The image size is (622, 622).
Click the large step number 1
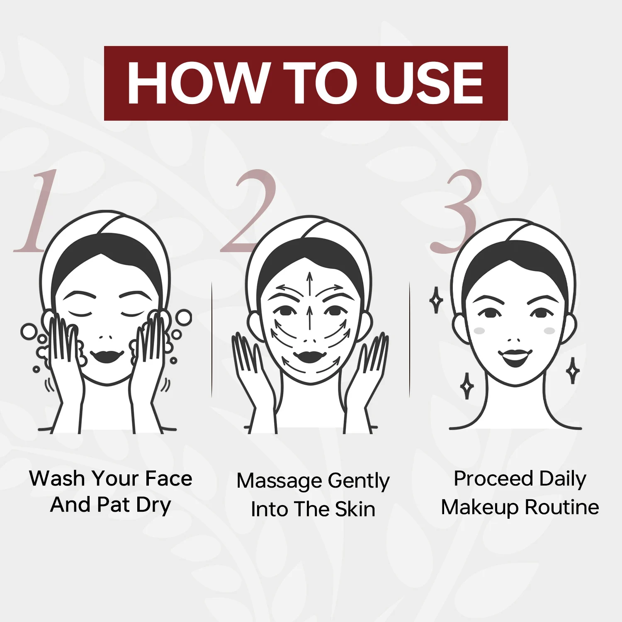pos(35,211)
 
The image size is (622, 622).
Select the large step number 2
pos(248,211)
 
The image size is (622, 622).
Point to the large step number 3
pos(456,211)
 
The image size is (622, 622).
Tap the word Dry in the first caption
pos(153,506)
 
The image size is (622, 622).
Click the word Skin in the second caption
pos(355,509)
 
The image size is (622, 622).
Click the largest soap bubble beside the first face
pos(183,318)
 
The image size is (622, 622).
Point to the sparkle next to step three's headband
pos(436,300)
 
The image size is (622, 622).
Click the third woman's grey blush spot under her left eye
pos(549,330)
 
